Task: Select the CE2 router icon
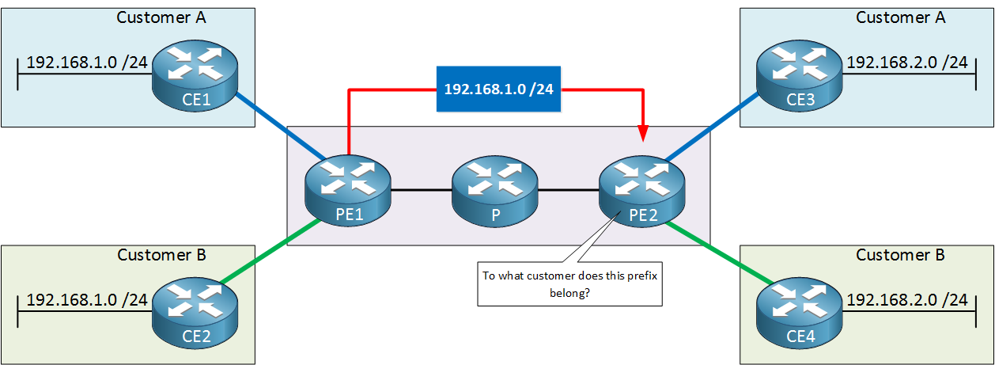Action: [195, 313]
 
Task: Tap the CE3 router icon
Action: [799, 76]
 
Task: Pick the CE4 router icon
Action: [799, 313]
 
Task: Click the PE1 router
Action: [348, 191]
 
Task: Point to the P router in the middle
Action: [495, 191]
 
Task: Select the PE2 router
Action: [642, 191]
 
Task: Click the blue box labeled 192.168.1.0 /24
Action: [498, 89]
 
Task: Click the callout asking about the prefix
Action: [569, 283]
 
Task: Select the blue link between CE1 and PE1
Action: [281, 126]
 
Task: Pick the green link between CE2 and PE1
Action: [271, 250]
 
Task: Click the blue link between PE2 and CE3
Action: [712, 126]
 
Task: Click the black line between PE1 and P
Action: [422, 190]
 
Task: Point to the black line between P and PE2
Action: [569, 190]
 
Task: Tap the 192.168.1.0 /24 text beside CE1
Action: [87, 63]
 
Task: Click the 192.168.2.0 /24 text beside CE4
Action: [907, 299]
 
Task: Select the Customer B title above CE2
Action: [161, 255]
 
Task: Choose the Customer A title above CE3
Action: [901, 17]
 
